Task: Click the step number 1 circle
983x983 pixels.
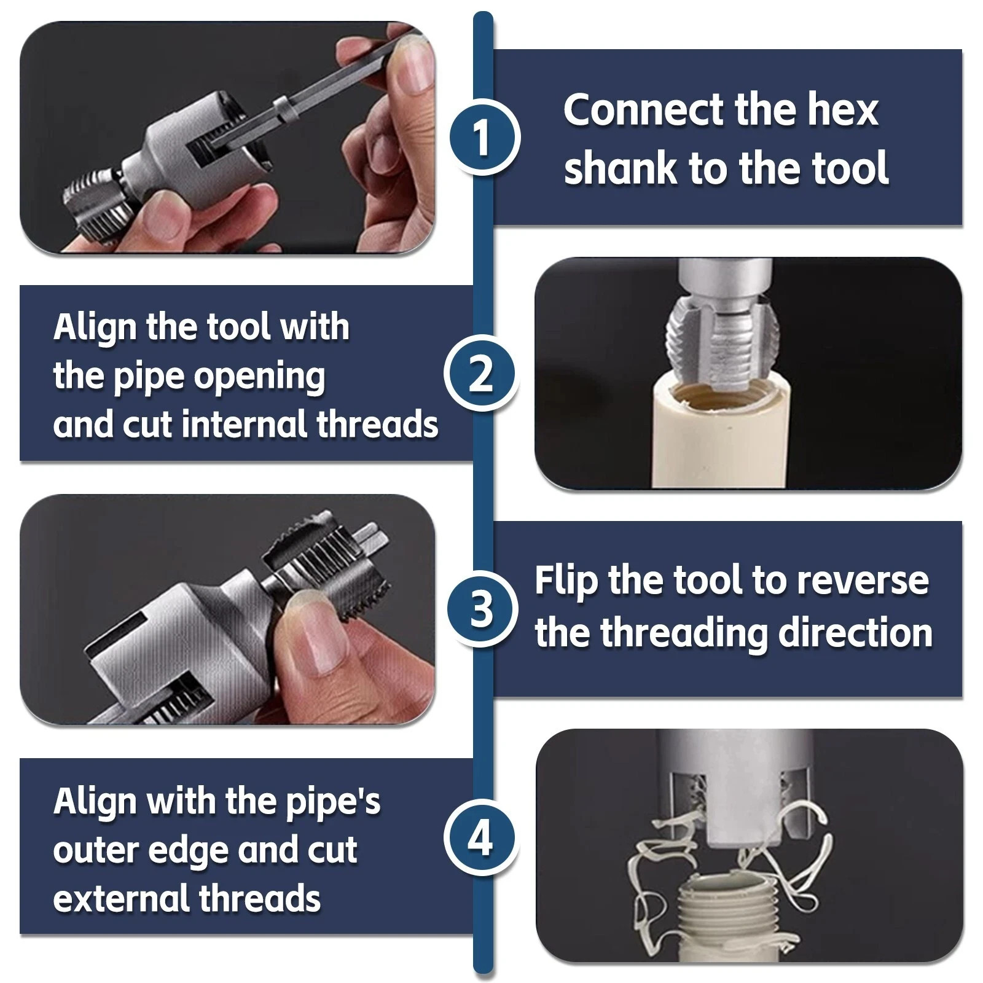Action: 482,137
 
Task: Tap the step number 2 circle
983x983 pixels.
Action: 481,374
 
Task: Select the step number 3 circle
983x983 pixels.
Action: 481,608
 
